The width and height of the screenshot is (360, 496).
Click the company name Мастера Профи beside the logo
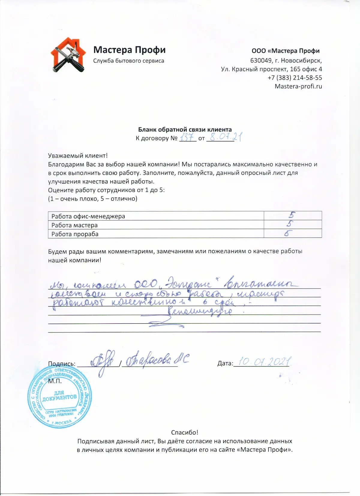click(x=129, y=50)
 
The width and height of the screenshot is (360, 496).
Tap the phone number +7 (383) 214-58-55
click(x=295, y=78)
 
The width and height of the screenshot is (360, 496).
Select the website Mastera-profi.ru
click(x=298, y=86)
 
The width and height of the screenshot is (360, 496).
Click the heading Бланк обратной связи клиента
click(x=185, y=129)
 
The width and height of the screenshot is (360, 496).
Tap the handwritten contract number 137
click(x=187, y=138)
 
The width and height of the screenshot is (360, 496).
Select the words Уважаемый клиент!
click(x=78, y=156)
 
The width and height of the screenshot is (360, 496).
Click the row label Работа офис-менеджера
click(x=88, y=216)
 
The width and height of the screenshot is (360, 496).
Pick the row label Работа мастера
click(x=74, y=225)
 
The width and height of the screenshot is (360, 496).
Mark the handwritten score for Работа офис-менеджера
click(x=292, y=215)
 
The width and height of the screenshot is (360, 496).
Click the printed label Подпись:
click(x=62, y=364)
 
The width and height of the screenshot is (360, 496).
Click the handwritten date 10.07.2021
click(x=265, y=362)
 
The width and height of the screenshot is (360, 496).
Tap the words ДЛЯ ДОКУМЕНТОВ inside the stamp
click(x=59, y=396)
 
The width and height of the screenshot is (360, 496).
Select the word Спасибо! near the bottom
click(x=184, y=432)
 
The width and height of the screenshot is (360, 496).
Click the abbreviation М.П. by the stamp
click(x=55, y=381)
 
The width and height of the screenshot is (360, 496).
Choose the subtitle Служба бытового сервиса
click(x=128, y=61)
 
